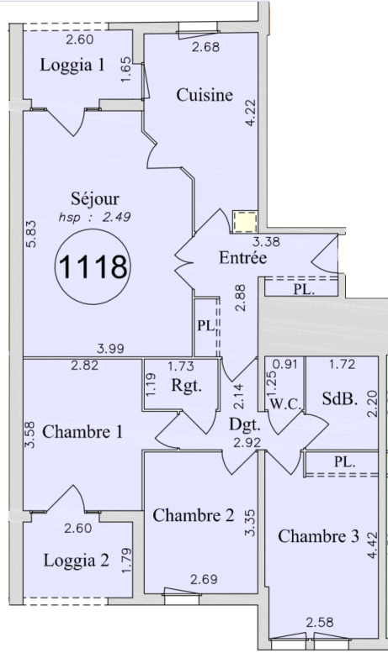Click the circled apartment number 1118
[93, 267]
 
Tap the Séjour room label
[95, 198]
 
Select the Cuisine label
[205, 95]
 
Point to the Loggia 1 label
[72, 66]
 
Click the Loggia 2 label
[77, 561]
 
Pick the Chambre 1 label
[82, 432]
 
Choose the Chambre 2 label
[194, 515]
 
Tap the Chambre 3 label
[318, 536]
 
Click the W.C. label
[285, 404]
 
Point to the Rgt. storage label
[187, 386]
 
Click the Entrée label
[242, 257]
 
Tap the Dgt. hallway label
[245, 424]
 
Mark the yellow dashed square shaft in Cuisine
[245, 221]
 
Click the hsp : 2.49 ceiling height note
[95, 217]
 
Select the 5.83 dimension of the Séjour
[32, 234]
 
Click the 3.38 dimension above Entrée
[267, 241]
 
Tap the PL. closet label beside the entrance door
[304, 289]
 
